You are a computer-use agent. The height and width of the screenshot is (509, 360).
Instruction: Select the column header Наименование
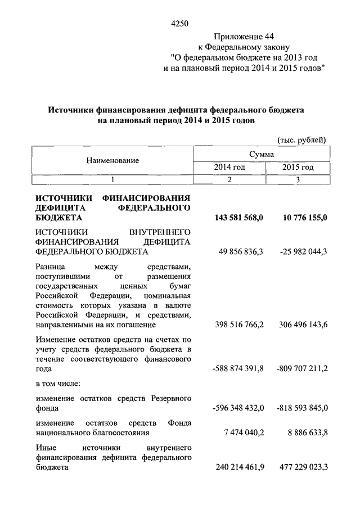[x=112, y=160]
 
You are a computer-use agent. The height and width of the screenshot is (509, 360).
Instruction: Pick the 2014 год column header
[x=229, y=168]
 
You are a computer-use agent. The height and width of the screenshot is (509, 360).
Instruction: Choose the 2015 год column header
[x=298, y=168]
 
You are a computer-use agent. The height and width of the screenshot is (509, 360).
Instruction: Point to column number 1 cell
[x=112, y=179]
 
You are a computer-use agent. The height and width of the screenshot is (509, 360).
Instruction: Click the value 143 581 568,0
[x=239, y=218]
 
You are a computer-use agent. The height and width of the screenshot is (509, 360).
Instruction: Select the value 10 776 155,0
[x=303, y=218]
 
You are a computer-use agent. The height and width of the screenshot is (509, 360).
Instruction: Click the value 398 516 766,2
[x=240, y=325]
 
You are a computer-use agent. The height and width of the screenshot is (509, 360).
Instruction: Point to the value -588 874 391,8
[x=238, y=370]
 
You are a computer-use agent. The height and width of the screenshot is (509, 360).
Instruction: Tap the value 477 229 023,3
[x=302, y=467]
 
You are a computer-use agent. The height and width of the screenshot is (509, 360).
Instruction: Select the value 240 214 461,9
[x=240, y=467]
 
